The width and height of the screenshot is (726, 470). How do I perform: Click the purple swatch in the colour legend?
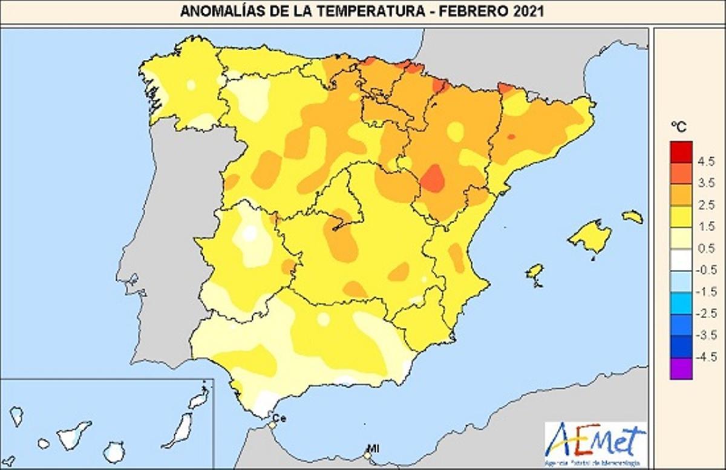tap(681, 368)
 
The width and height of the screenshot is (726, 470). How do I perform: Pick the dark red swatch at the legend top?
tap(681, 151)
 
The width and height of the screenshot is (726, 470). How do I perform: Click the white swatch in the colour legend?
tap(681, 260)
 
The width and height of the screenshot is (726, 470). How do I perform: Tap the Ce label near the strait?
tap(279, 417)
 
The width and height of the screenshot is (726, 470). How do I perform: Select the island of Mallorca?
tap(590, 236)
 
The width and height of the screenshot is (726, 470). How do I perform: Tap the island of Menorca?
tap(632, 217)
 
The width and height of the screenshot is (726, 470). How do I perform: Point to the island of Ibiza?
tap(534, 272)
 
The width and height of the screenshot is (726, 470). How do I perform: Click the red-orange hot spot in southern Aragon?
tap(433, 178)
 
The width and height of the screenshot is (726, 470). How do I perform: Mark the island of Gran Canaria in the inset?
tap(113, 451)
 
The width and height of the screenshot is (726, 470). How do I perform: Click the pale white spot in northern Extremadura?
tap(249, 233)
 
